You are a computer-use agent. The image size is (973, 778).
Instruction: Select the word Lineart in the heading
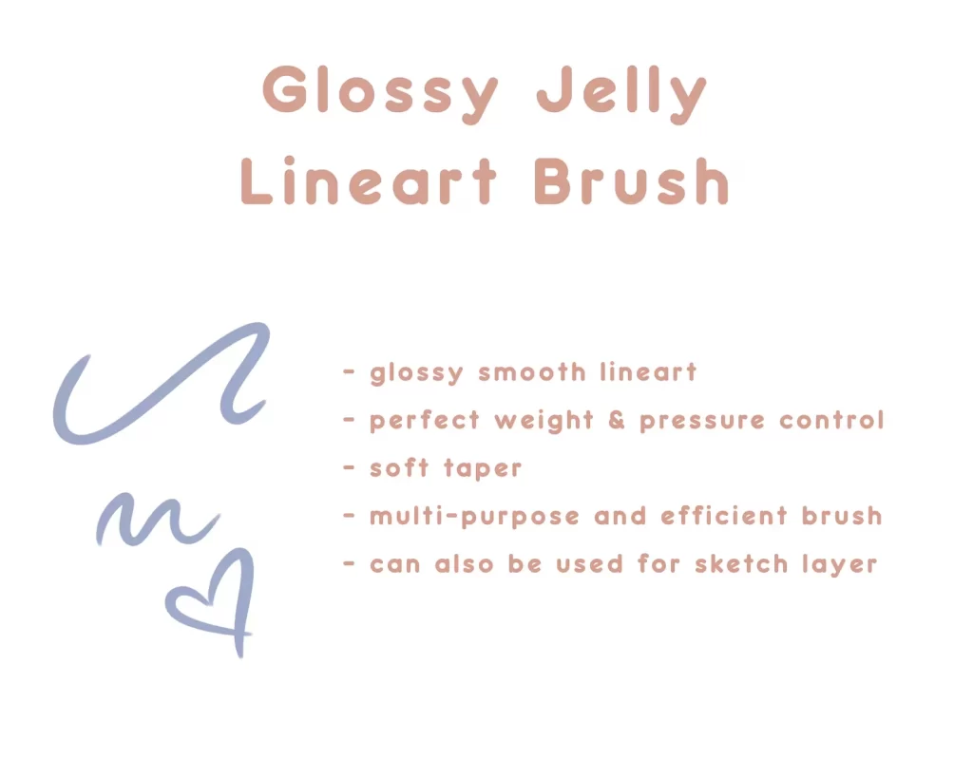pos(369,180)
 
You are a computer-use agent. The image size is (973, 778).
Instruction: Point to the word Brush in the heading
pos(631,180)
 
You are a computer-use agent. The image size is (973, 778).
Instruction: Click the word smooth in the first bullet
pos(532,372)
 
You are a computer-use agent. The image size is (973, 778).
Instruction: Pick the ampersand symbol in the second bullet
pos(616,420)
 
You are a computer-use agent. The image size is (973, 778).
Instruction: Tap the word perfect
pos(425,421)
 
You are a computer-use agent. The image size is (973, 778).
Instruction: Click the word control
pos(831,420)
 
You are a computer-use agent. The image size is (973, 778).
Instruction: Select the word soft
pos(399,467)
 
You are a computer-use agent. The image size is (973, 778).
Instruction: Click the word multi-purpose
pos(475,517)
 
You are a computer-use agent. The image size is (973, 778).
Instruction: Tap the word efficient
pos(723,516)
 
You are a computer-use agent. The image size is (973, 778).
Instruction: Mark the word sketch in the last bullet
pos(741,564)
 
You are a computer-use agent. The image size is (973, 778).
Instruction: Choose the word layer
pos(840,565)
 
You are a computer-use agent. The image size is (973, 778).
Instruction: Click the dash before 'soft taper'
pos(350,468)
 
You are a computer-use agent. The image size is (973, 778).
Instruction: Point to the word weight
pos(544,421)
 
